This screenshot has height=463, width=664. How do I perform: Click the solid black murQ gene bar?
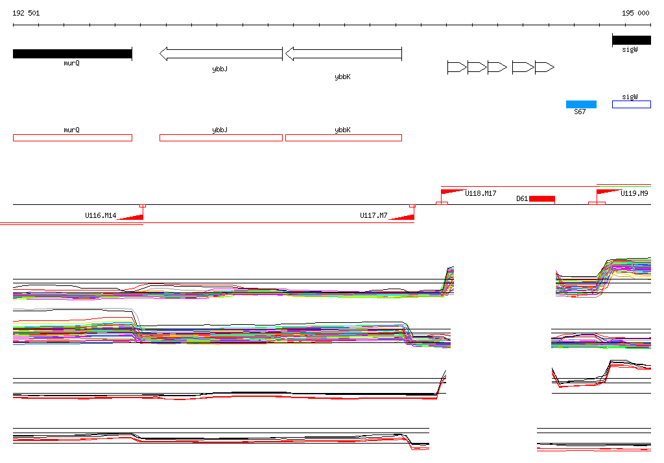click(73, 54)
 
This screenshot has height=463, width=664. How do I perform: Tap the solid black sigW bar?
click(632, 40)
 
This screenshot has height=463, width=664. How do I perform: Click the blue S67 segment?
click(581, 104)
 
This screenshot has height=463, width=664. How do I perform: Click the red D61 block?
click(542, 198)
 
